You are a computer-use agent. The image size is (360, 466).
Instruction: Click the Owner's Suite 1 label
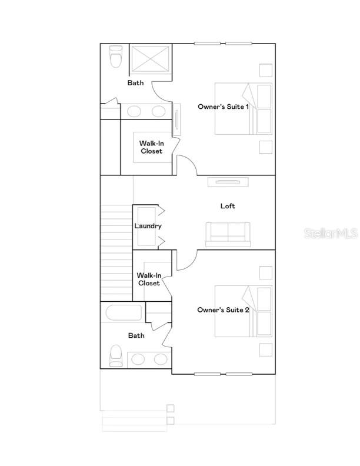point(223,106)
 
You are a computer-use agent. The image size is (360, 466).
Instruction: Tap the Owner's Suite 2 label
point(223,309)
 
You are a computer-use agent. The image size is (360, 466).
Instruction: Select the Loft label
point(228,206)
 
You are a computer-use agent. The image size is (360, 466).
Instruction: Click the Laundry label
point(148,226)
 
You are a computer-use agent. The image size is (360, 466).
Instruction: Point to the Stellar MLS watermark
point(330,234)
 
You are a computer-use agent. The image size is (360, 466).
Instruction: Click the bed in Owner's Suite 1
point(243,109)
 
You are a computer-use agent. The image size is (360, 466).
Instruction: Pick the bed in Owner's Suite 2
point(243,311)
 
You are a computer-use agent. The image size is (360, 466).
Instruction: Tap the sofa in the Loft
point(228,234)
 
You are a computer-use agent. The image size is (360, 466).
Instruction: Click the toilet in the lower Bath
point(116,355)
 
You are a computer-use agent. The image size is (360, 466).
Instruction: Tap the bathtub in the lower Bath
point(124,312)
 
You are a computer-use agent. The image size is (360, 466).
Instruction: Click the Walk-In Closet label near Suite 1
point(151,147)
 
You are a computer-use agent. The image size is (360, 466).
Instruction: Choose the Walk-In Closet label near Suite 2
point(149,279)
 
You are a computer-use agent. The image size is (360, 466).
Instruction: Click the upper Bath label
point(135,83)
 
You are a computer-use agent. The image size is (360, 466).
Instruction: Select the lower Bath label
point(136,335)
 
